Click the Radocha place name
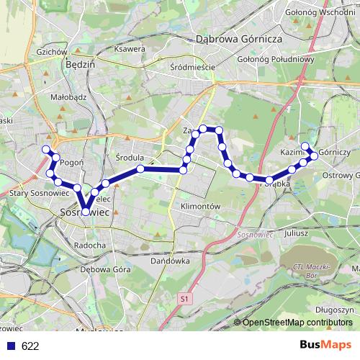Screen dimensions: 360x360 [90, 245]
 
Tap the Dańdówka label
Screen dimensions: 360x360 [170, 261]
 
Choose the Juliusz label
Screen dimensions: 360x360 [297, 234]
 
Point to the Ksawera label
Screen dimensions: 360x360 [130, 49]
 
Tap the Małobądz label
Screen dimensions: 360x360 [50, 93]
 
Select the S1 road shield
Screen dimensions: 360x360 [184, 297]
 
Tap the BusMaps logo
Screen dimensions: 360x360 [325, 346]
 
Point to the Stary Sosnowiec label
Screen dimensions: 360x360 [40, 193]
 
